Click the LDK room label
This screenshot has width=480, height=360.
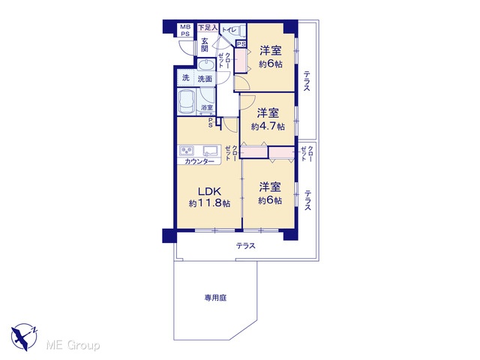209,191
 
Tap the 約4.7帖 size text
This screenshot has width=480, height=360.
268,127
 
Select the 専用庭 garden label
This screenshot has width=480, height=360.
215,298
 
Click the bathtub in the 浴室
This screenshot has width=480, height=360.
187,102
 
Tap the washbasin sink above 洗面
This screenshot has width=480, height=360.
206,66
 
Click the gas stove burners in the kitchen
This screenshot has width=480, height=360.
187,151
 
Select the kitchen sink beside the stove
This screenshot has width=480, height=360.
211,151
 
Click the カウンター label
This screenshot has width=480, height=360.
199,162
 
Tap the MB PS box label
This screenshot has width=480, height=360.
185,31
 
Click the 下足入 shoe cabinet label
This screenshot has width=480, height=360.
208,28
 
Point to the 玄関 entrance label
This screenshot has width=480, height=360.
205,45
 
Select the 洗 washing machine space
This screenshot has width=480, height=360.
186,78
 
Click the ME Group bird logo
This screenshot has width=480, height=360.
24,337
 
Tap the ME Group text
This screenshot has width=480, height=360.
73,345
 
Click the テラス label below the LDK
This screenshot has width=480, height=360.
245,246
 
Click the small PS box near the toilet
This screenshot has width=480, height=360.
241,44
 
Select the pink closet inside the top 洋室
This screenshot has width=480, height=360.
241,60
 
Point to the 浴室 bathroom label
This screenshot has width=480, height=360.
207,108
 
